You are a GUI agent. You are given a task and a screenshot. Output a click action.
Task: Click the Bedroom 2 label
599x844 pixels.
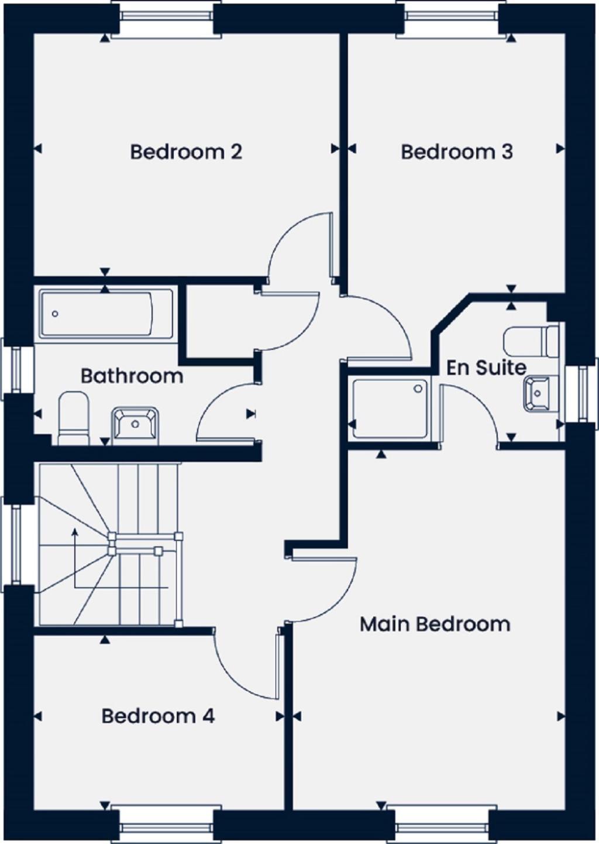[x=186, y=152]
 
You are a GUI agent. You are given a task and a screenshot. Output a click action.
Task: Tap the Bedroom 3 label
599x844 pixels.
[x=457, y=152]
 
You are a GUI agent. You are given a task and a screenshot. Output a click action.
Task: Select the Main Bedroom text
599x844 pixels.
[x=435, y=625]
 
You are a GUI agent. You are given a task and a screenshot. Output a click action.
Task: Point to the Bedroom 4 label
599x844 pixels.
[x=158, y=716]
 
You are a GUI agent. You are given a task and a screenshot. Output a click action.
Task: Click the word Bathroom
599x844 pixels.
[x=132, y=376]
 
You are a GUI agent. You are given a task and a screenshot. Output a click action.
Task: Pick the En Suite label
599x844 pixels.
[x=486, y=368]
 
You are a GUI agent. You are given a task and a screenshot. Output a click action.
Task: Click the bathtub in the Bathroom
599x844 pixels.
[x=106, y=314]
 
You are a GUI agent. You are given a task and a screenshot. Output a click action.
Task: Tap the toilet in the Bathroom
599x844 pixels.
[x=74, y=418]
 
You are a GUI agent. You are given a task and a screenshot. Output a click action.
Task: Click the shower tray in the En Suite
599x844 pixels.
[x=390, y=407]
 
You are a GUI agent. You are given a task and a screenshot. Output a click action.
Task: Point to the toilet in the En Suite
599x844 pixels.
[x=532, y=341]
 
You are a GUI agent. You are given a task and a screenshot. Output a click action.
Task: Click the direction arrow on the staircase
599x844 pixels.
[x=75, y=533]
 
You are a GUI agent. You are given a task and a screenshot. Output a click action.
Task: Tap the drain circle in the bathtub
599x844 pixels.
[x=55, y=314]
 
